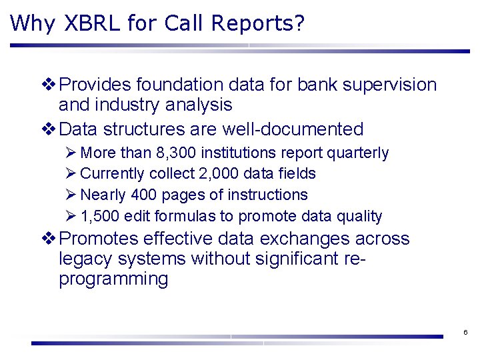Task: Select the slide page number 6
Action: [465, 332]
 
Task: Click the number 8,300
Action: [177, 153]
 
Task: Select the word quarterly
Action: [357, 153]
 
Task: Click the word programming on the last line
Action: [113, 278]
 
